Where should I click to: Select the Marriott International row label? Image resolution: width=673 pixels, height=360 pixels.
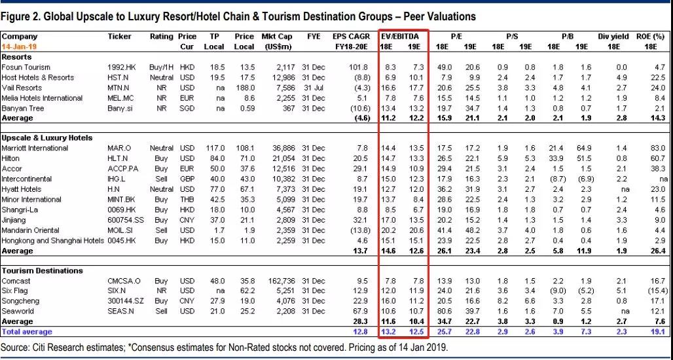pos(35,149)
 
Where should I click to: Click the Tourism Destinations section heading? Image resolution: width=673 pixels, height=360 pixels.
pos(42,270)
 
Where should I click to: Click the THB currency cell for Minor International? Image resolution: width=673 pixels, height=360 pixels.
pos(187,200)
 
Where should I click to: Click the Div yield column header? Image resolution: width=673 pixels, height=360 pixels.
pos(613,37)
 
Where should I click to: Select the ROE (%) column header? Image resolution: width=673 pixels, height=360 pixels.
pos(650,37)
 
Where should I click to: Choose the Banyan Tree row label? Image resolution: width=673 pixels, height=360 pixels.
pos(23,108)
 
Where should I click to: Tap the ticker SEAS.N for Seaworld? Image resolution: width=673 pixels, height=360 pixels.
pos(121,312)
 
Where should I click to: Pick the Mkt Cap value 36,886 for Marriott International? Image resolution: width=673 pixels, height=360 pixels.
pos(282,149)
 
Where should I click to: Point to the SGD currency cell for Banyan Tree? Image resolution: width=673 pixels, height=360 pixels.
pos(187,108)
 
